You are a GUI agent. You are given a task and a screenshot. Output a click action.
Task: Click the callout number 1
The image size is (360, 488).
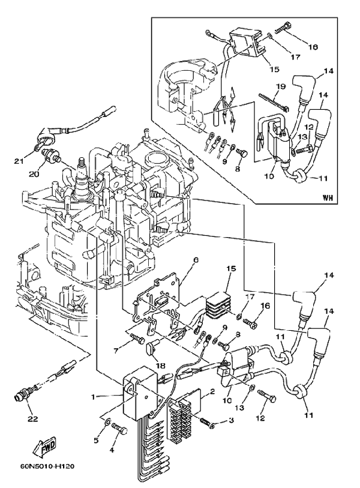[x=92, y=396]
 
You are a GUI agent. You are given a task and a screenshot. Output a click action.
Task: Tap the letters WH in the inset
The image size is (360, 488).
[x=327, y=196]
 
